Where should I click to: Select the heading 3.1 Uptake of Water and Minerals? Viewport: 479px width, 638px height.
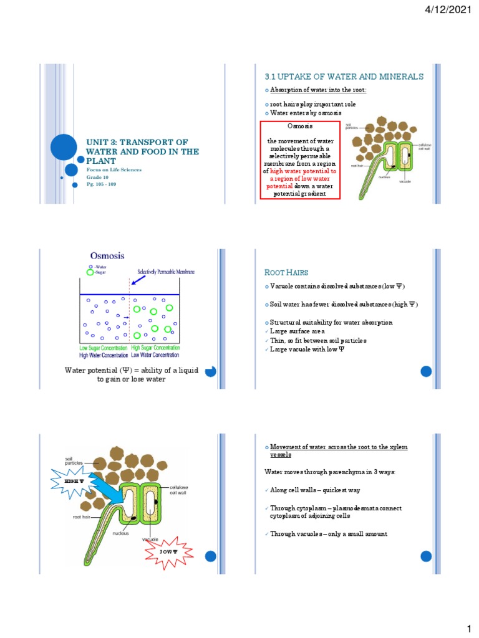point(344,77)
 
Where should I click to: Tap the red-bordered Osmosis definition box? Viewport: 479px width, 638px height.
point(301,160)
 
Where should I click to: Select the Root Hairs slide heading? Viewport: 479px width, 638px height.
point(288,272)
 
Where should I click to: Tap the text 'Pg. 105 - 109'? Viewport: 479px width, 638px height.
point(97,185)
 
